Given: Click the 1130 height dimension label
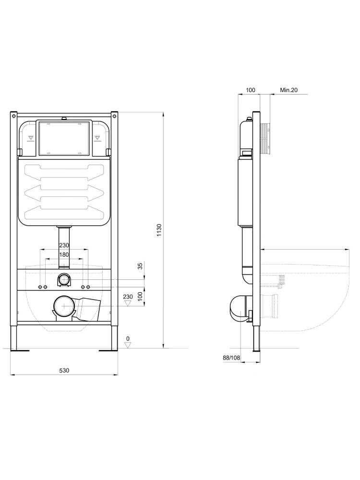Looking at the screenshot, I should pos(159,231).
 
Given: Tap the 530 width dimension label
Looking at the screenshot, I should pos(64,370).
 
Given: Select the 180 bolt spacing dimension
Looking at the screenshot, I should pos(64,255).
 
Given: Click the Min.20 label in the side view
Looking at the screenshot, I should pos(288,90).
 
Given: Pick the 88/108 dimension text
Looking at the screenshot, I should pos(231,358).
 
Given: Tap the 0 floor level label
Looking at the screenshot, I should pos(128,338).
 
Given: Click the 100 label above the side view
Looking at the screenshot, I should pos(250,90).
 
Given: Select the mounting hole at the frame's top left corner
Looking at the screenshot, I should pos(14,116).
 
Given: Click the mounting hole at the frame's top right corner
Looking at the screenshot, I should pos(115,116).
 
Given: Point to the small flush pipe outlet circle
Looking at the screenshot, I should pos(63,279).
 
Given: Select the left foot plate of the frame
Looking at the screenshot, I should pos(20,350).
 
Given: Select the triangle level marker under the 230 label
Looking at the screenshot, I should pos(128,304).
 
